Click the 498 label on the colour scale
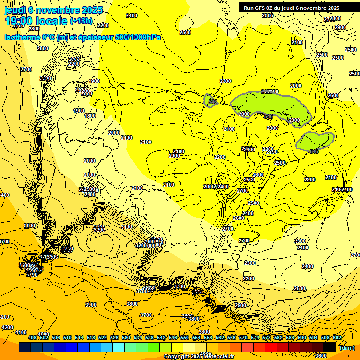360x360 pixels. tap(32, 337)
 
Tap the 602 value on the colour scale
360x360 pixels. tap(337, 337)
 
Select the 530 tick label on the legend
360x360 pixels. tap(126, 337)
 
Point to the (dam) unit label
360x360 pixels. tap(347, 347)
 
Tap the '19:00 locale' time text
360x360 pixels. tap(36, 21)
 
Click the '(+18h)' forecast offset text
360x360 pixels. tap(81, 21)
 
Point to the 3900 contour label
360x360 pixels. tap(91, 305)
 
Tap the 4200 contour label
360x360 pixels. tap(7, 327)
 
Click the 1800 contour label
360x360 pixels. tap(90, 116)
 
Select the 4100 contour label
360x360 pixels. tap(21, 332)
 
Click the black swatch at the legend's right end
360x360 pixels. tap(330, 347)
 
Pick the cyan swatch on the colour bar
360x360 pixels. tap(119, 347)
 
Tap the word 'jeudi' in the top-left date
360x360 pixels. tap(14, 10)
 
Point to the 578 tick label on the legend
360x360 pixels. tap(267, 337)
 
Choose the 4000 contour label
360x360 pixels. tap(44, 335)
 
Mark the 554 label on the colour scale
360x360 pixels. tap(196, 337)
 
